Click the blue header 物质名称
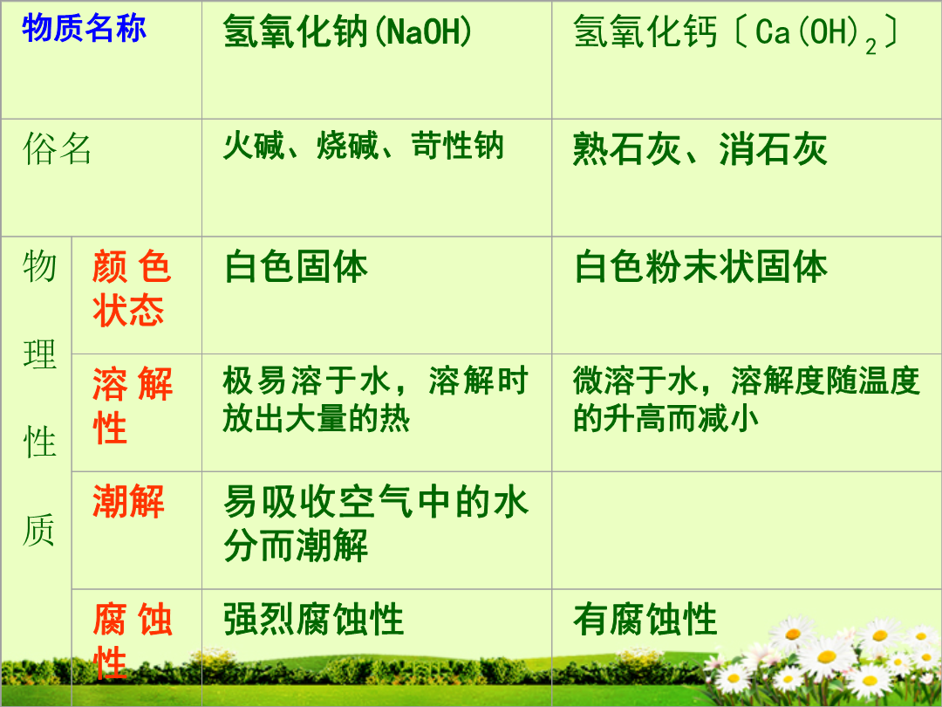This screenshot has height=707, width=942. point(84,28)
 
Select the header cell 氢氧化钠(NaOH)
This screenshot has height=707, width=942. point(347,31)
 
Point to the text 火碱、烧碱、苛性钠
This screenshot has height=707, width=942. point(363,146)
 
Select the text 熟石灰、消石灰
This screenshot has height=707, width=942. point(700,148)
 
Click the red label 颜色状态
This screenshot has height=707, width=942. point(133,289)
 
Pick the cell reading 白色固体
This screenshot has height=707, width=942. point(296,266)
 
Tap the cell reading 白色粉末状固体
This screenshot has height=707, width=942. point(700,266)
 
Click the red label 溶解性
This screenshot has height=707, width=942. point(133,405)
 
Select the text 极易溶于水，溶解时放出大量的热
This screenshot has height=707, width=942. point(375,399)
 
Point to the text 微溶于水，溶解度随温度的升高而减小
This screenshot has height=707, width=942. point(746,399)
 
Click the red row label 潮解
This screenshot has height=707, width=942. point(128,501)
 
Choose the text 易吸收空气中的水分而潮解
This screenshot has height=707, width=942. point(375,523)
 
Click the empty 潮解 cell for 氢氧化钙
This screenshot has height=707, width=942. point(746,531)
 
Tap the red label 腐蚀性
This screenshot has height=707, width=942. point(133,640)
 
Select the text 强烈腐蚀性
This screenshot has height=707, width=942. point(314,619)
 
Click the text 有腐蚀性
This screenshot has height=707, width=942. point(645,619)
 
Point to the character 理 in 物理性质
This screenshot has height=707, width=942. point(39,354)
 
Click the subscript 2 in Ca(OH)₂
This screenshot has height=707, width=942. point(870,47)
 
